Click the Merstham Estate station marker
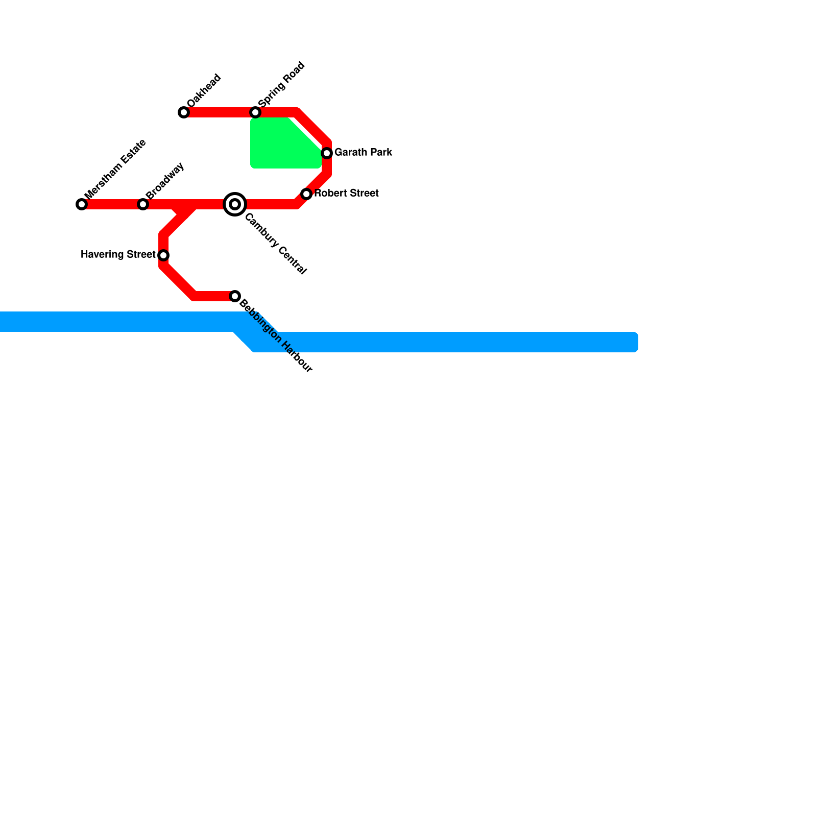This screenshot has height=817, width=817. click(x=82, y=204)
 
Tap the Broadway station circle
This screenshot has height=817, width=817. click(x=143, y=204)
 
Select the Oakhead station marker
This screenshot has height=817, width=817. click(x=184, y=112)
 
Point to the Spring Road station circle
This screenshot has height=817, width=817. click(x=255, y=112)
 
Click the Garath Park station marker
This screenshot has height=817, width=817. click(x=327, y=153)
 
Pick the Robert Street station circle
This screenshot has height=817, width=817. click(x=306, y=194)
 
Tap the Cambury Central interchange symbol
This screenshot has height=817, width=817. click(x=235, y=204)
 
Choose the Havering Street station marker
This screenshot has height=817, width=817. click(x=163, y=255)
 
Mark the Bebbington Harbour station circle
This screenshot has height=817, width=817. click(x=235, y=296)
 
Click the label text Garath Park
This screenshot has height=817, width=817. click(x=363, y=152)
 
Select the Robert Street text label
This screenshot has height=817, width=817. click(x=346, y=193)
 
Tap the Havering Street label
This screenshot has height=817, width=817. click(x=118, y=254)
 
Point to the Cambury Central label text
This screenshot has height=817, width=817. click(x=276, y=244)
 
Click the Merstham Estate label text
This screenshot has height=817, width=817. click(x=115, y=169)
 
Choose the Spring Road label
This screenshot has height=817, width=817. click(x=281, y=84)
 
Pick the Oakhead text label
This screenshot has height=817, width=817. click(x=204, y=91)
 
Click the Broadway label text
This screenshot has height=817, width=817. click(x=165, y=181)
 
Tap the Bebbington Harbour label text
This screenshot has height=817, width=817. click(x=276, y=336)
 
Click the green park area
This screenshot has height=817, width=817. click(x=281, y=146)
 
